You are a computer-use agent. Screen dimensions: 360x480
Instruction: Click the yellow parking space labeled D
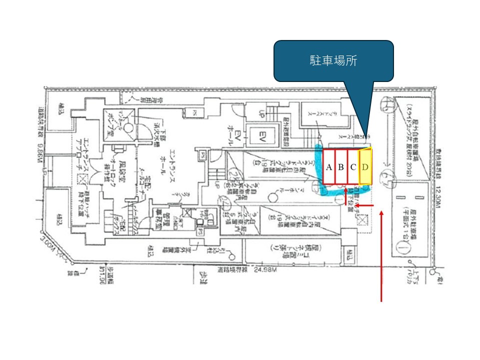[365, 166]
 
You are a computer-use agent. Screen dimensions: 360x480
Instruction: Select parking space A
[329, 167]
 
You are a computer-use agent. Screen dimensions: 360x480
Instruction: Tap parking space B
[341, 167]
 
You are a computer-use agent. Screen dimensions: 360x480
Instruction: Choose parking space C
[353, 167]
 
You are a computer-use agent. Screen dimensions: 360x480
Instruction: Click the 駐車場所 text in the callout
[333, 61]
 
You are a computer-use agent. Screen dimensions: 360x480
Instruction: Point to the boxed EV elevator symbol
[260, 134]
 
